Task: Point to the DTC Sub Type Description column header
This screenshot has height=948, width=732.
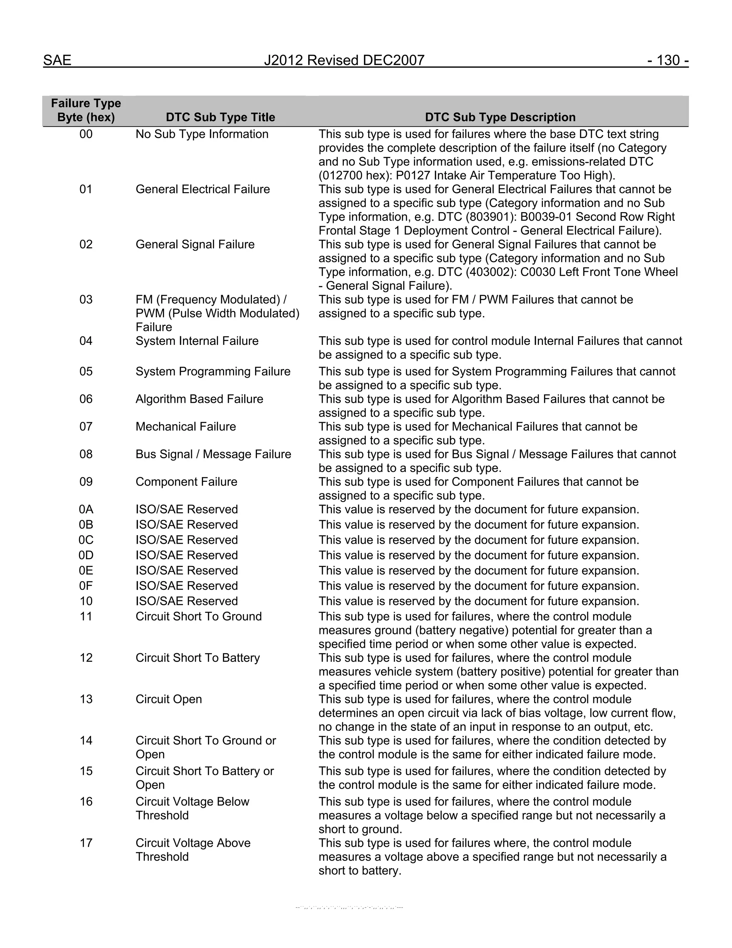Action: [x=500, y=117]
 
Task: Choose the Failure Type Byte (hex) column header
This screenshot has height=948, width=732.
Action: [x=86, y=110]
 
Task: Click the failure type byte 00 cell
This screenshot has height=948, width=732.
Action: [x=86, y=134]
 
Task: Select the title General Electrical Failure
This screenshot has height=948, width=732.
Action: [x=203, y=189]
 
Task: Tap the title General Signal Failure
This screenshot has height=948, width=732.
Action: [x=195, y=244]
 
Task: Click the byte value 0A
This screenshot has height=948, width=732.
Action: [x=86, y=509]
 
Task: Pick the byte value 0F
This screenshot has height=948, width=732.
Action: [x=86, y=586]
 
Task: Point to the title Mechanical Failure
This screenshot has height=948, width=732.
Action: [x=186, y=427]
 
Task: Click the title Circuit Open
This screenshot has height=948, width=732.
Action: [x=169, y=699]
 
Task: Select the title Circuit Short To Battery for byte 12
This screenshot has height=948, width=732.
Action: [x=197, y=658]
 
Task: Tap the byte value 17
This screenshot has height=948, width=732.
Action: [x=86, y=843]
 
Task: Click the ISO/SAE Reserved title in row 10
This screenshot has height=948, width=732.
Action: [x=187, y=601]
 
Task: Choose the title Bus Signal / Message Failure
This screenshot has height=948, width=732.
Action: [x=213, y=454]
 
